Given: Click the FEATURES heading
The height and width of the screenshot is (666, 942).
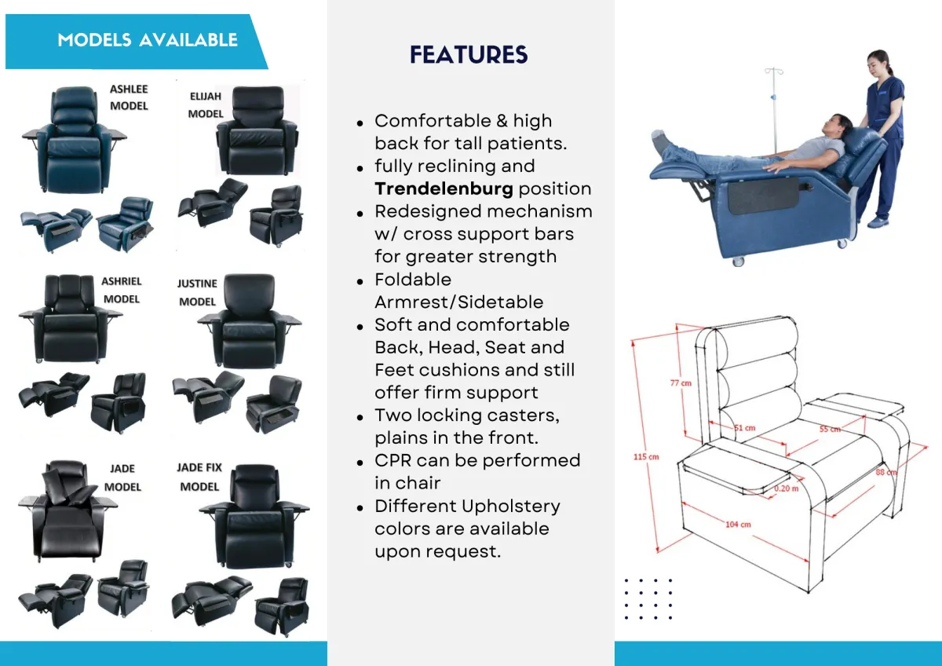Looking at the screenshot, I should coord(469,54).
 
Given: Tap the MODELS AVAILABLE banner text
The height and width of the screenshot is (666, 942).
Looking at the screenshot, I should coord(148,39).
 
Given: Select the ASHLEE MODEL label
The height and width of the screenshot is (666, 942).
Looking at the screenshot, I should coord(129,97).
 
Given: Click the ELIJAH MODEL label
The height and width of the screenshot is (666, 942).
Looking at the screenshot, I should coord(206,104).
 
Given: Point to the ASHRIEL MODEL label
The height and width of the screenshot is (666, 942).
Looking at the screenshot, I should coord(121,290).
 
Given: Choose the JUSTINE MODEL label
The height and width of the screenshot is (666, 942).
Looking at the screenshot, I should coord(197,292).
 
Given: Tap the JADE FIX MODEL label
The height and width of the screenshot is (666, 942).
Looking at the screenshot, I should coord(199,477).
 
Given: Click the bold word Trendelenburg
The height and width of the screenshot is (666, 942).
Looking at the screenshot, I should coord(444,188).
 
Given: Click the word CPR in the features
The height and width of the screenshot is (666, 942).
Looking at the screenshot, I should coord(392,460).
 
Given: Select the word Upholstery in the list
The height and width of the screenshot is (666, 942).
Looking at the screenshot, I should coord(512,506).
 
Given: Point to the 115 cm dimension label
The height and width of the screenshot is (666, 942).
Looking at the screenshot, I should coord(648,456).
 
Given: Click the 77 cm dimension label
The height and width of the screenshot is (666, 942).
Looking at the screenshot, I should coord(680,383).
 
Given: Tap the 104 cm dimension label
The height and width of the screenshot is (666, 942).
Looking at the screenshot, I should coord(739,524).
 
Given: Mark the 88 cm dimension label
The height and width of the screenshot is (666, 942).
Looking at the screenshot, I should coord(886,472).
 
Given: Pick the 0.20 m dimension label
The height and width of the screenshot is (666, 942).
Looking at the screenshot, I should coord(787,488).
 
